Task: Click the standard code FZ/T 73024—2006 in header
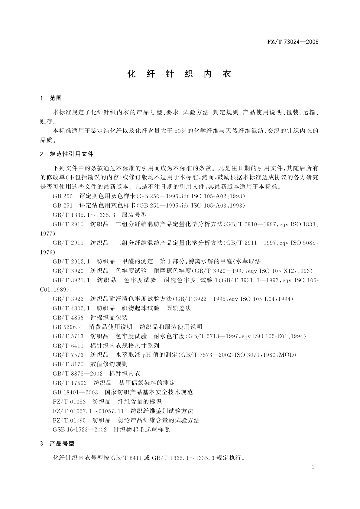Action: point(293,42)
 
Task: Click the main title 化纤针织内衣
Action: point(180,74)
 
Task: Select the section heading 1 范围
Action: point(51,98)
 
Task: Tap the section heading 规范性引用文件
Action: point(72,154)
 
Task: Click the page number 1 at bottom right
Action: point(313,467)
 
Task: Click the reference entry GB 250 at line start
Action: point(63,196)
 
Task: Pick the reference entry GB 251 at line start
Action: point(63,206)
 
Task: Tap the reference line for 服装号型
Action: point(100,215)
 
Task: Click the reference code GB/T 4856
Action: point(68,318)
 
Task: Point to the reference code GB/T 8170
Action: point(68,364)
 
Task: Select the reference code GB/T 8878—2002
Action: point(78,374)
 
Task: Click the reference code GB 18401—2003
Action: point(75,392)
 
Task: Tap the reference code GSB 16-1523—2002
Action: point(79,430)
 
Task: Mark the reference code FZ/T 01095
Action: point(69,420)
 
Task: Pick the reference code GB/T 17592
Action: point(70,383)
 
